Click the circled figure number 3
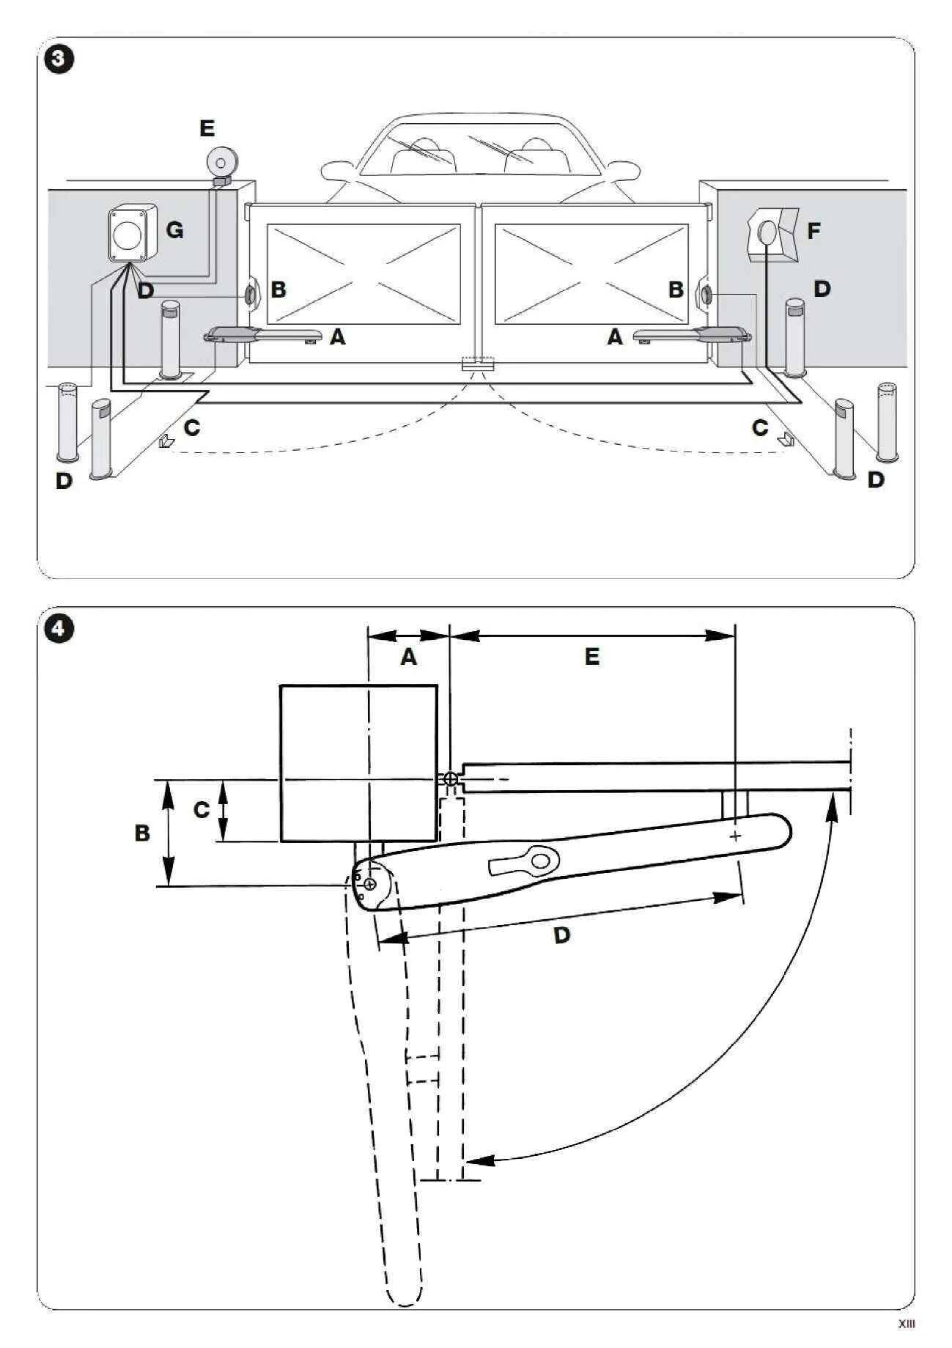pos(59,59)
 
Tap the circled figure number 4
pos(59,629)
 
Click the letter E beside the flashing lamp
pos(207,129)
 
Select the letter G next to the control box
pos(174,230)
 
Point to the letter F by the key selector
pos(813,232)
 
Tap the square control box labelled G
pos(132,233)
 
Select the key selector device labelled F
pos(772,234)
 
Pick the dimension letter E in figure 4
pos(592,657)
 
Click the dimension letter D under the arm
pos(561,935)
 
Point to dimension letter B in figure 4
pos(142,833)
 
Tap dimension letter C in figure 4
pos(201,810)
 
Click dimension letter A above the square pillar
pos(408,657)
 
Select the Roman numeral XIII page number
pos(907,1323)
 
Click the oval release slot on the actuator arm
pos(540,860)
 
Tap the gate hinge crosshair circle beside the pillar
pos(451,778)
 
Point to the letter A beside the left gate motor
pos(337,337)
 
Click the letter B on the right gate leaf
pos(676,290)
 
